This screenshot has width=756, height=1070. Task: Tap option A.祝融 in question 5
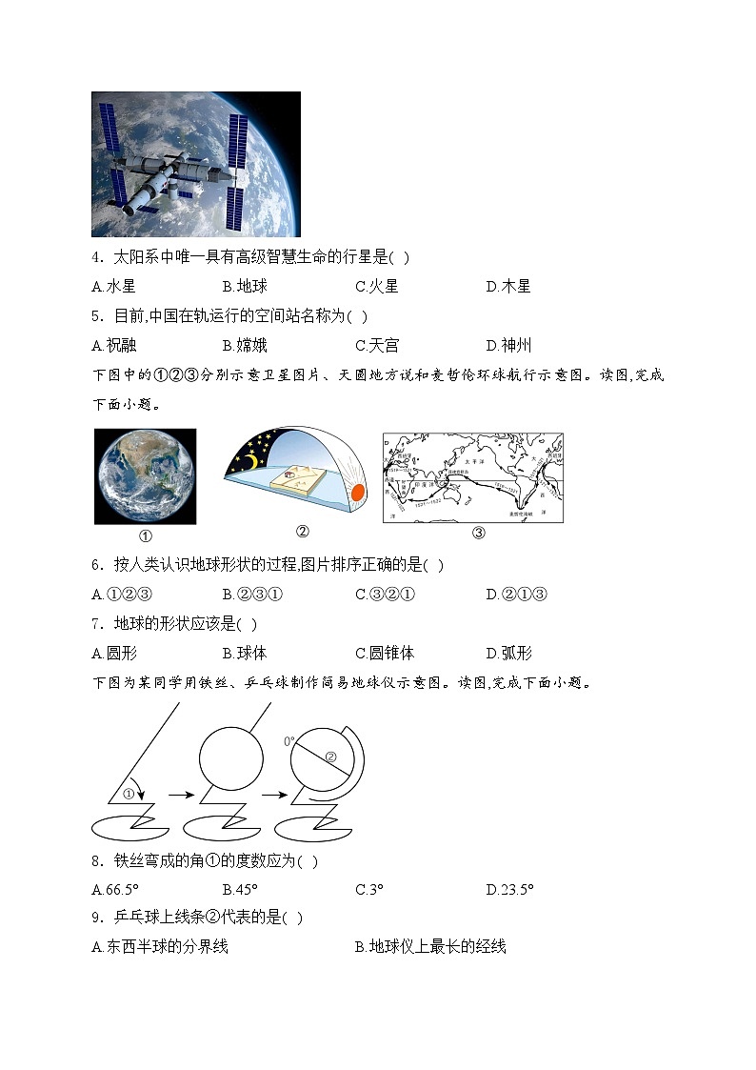coord(113,345)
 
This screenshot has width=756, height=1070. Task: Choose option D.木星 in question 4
coord(507,286)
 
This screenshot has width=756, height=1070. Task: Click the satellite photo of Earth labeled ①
coord(145,475)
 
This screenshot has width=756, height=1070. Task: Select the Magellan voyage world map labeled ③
coord(472,476)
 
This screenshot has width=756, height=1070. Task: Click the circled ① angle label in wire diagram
coord(129,793)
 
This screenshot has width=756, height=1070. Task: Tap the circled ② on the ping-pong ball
coord(330,758)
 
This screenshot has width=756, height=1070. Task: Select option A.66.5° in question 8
coord(115,890)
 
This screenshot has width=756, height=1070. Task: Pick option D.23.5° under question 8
coord(509,890)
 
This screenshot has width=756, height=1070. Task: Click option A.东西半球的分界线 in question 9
coord(160,946)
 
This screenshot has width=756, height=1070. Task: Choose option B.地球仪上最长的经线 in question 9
coord(430,946)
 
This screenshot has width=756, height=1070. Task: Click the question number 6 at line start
coord(96,565)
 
